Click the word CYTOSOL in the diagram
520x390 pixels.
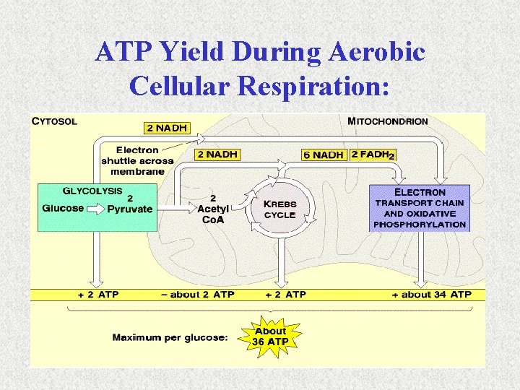[x=55, y=121]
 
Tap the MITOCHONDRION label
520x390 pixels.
[x=388, y=121]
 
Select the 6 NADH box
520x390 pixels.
[x=323, y=155]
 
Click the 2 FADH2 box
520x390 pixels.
[x=373, y=155]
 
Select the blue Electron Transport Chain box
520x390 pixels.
[x=420, y=208]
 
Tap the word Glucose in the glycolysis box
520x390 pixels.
[x=64, y=209]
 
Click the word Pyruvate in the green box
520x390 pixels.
[x=130, y=209]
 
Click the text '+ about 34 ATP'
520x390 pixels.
[x=431, y=295]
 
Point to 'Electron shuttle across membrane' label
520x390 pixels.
[x=137, y=160]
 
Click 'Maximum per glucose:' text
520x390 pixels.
[x=170, y=337]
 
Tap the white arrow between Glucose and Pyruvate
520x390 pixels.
[x=95, y=209]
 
